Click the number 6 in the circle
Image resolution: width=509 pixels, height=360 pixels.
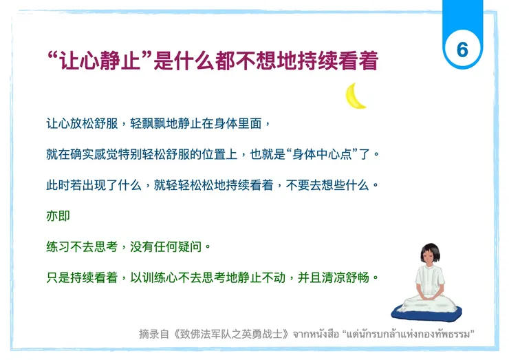click(x=462, y=50)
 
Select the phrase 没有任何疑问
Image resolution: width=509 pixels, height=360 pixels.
click(x=166, y=246)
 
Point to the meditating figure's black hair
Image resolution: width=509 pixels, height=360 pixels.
click(x=431, y=246)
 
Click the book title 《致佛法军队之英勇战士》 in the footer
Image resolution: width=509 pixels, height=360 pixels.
click(x=233, y=334)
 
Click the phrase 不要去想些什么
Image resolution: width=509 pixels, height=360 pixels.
click(x=333, y=185)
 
